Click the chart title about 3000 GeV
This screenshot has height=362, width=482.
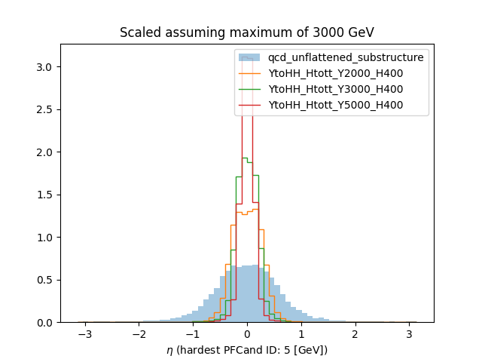247,33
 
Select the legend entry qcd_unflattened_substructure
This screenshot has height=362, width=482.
346,57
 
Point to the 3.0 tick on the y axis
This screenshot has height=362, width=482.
46,67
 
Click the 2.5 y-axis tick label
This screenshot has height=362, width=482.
46,110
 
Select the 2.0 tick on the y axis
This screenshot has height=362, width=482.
46,152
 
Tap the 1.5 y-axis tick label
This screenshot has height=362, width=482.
46,195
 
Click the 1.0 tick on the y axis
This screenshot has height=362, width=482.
46,238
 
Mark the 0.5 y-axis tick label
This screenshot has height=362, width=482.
46,281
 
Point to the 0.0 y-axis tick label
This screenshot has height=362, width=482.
46,323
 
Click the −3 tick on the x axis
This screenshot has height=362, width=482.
84,334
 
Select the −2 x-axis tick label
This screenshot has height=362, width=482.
138,334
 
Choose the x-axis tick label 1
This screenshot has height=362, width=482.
301,334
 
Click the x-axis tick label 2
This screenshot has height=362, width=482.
355,334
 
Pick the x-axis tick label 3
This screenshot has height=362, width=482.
409,334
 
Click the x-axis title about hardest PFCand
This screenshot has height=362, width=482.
247,349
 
